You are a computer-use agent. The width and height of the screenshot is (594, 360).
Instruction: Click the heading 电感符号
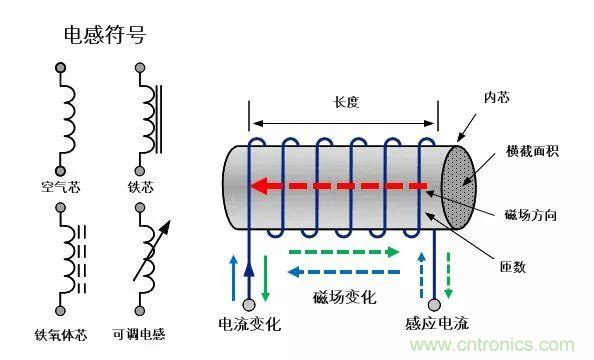tap(104, 35)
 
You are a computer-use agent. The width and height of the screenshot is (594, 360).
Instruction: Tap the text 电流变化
tap(250, 325)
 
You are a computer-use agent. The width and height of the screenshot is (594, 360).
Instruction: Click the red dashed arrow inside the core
tap(340, 185)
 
